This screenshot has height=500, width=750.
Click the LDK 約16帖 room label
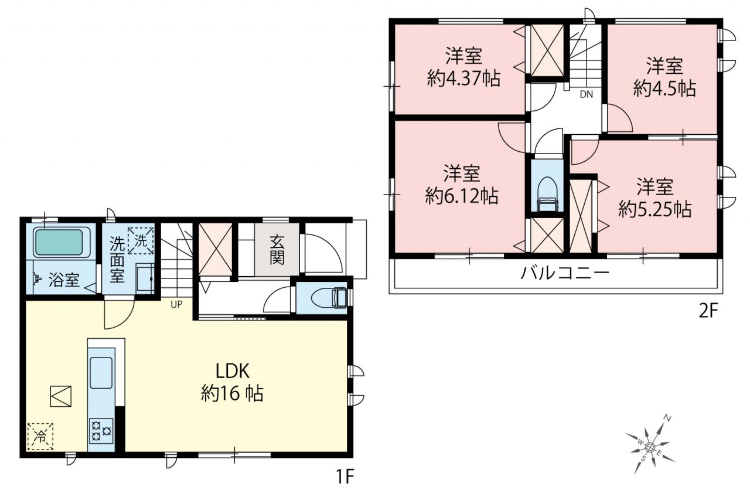pos(232,382)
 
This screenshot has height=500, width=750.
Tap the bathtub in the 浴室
pos(59,242)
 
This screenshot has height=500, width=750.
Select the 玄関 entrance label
pos(277,250)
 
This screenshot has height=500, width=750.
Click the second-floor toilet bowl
pos(547,194)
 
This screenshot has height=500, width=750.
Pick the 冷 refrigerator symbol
pos(40,436)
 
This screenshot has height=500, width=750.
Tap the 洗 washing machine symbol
pos(141,240)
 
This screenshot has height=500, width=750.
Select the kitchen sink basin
pos(101,373)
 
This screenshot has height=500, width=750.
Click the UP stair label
pos(176,305)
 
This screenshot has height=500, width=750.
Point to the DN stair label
pos(587,95)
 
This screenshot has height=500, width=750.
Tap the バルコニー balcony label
pos(565,274)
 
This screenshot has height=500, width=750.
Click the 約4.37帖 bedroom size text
pos(463,79)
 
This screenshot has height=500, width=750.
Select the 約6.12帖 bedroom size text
pos(462,196)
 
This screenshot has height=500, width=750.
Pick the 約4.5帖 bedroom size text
pos(664,89)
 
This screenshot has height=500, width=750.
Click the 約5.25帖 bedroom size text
pos(655,210)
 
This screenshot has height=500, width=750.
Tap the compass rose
pos(650,447)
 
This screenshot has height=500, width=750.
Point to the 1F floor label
pos(345,477)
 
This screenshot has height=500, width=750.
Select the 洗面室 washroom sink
pos(145,278)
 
